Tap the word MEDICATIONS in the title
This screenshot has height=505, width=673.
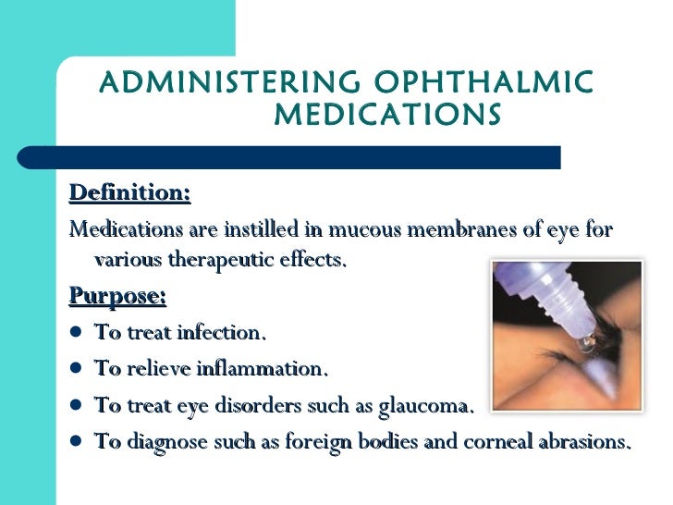click(x=388, y=116)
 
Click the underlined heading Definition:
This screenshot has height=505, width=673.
click(x=129, y=193)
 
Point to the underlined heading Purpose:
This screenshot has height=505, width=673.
click(x=117, y=297)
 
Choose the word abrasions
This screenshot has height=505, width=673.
click(x=588, y=441)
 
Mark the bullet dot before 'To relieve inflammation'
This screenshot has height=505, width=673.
click(x=76, y=369)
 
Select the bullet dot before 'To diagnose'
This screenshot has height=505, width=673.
click(x=76, y=441)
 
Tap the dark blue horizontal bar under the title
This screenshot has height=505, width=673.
click(x=305, y=156)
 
